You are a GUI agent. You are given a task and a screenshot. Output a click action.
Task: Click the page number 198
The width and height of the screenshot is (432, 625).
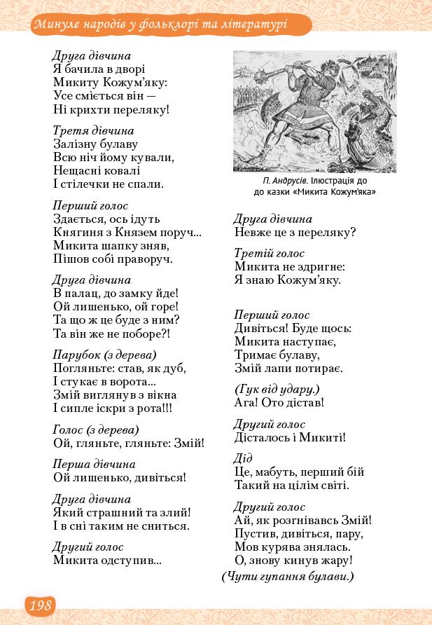40,606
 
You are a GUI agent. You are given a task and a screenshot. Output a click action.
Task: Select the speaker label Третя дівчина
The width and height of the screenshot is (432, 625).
93,130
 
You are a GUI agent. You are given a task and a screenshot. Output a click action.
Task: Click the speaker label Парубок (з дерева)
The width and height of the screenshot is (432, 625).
104,355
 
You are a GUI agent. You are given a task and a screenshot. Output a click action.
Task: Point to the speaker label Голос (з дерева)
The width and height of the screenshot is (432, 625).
96,430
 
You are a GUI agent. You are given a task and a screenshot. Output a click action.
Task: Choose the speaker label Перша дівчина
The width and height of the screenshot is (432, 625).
94,464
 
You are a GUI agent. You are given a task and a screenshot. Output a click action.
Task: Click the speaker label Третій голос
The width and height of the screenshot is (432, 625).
270,253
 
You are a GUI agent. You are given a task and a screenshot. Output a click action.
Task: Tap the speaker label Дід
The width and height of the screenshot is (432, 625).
238,458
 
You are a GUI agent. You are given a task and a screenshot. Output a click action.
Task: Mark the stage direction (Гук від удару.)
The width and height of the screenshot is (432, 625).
277,389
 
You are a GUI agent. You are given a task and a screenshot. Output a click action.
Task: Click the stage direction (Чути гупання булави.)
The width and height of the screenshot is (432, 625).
288,577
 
